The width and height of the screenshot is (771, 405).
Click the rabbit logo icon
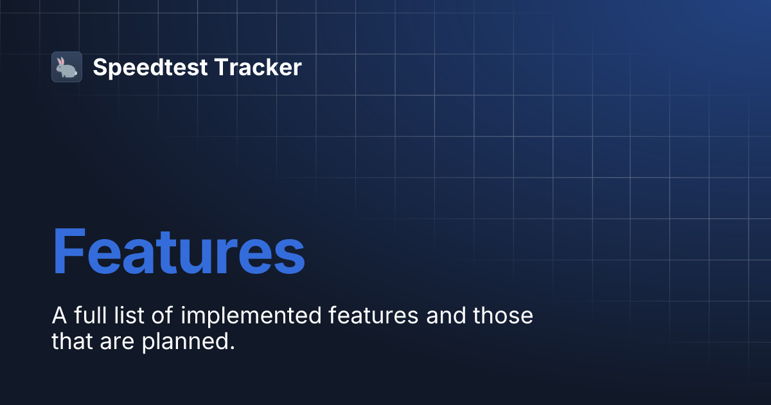67,67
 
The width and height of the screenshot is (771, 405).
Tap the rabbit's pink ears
61,61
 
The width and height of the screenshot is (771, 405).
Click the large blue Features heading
179,252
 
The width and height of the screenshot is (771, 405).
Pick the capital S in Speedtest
100,67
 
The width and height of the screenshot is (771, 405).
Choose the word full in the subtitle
88,316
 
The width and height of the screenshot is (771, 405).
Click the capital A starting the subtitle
58,316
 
